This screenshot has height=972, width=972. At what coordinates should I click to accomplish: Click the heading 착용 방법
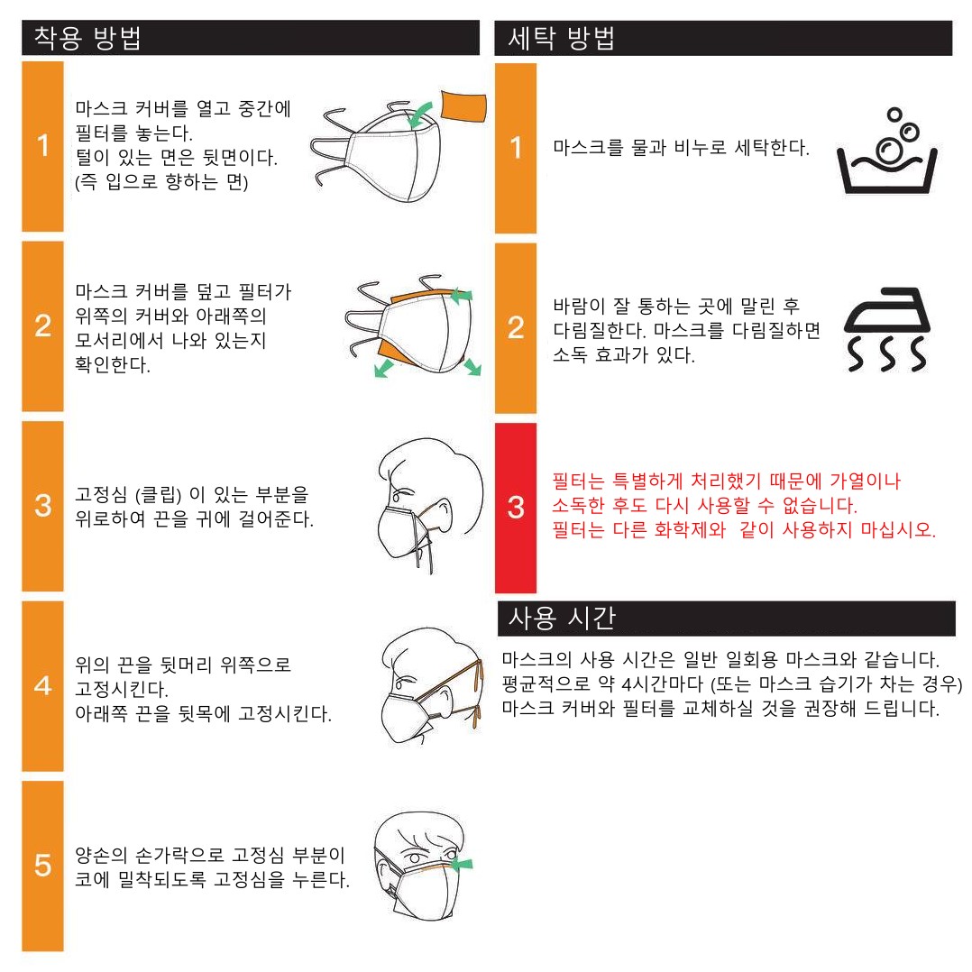tap(87, 38)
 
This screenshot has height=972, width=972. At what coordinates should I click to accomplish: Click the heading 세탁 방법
tap(561, 38)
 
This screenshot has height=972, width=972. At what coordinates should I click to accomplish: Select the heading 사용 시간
tap(562, 618)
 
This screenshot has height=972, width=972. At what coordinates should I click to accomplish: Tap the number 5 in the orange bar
tap(42, 865)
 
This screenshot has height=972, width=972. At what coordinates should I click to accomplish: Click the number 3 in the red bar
tap(516, 507)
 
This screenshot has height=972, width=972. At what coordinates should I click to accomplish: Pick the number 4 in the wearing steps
tap(42, 685)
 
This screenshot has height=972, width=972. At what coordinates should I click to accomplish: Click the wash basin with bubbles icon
tap(887, 151)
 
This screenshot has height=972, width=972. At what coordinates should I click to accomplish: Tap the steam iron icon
tap(887, 329)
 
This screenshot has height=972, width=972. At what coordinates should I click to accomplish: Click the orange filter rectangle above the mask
tap(463, 105)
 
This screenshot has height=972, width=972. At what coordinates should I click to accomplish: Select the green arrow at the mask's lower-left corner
tap(384, 369)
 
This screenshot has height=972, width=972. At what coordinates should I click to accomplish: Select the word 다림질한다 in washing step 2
tap(599, 330)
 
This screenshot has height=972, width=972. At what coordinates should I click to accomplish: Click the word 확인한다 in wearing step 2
tap(112, 364)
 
